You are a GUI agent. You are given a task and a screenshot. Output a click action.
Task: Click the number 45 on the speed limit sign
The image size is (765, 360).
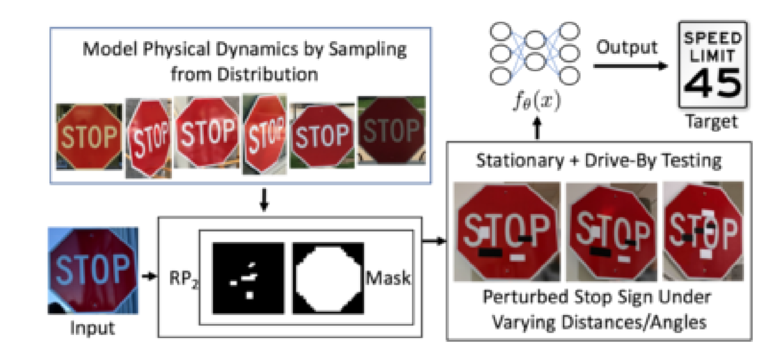[713, 83]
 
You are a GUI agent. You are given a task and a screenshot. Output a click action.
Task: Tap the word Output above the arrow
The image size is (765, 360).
[626, 48]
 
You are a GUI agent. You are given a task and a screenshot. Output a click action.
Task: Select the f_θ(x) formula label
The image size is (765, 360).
[537, 102]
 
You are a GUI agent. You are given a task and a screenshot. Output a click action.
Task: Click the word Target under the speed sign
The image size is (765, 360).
[712, 122]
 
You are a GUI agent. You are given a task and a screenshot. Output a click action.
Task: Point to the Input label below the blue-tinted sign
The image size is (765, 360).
[92, 328]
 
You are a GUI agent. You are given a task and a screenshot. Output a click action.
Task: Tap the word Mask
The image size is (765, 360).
[388, 278]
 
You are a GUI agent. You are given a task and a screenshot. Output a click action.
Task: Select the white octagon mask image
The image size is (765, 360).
[328, 278]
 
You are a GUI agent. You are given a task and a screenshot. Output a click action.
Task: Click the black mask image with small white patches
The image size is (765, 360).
[248, 278]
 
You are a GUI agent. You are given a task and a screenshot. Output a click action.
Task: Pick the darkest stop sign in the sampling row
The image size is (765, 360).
[392, 131]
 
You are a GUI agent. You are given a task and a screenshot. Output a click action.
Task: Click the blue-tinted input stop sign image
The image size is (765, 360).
[93, 270]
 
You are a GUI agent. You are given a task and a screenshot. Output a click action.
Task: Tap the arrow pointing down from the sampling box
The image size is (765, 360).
[264, 200]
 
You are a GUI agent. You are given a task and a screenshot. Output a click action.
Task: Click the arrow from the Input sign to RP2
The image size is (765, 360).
[149, 276]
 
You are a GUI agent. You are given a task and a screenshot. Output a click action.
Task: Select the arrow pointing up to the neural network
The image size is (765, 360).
[537, 128]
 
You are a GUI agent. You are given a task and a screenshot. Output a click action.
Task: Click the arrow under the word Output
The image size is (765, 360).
[631, 66]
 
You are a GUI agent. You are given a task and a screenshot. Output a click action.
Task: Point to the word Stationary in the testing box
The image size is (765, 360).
[520, 161]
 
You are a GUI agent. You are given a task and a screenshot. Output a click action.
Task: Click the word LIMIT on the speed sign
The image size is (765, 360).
[712, 56]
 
